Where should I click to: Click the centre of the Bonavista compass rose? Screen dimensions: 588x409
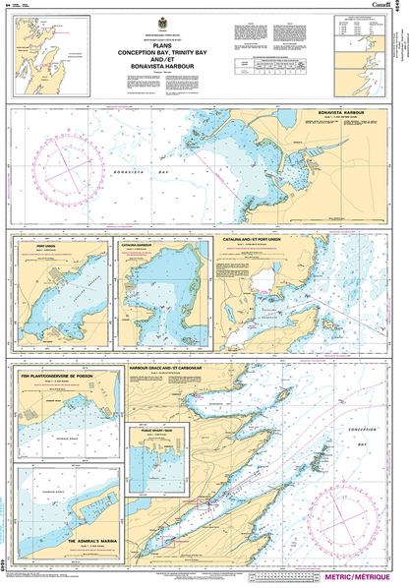click(x=63, y=159)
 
